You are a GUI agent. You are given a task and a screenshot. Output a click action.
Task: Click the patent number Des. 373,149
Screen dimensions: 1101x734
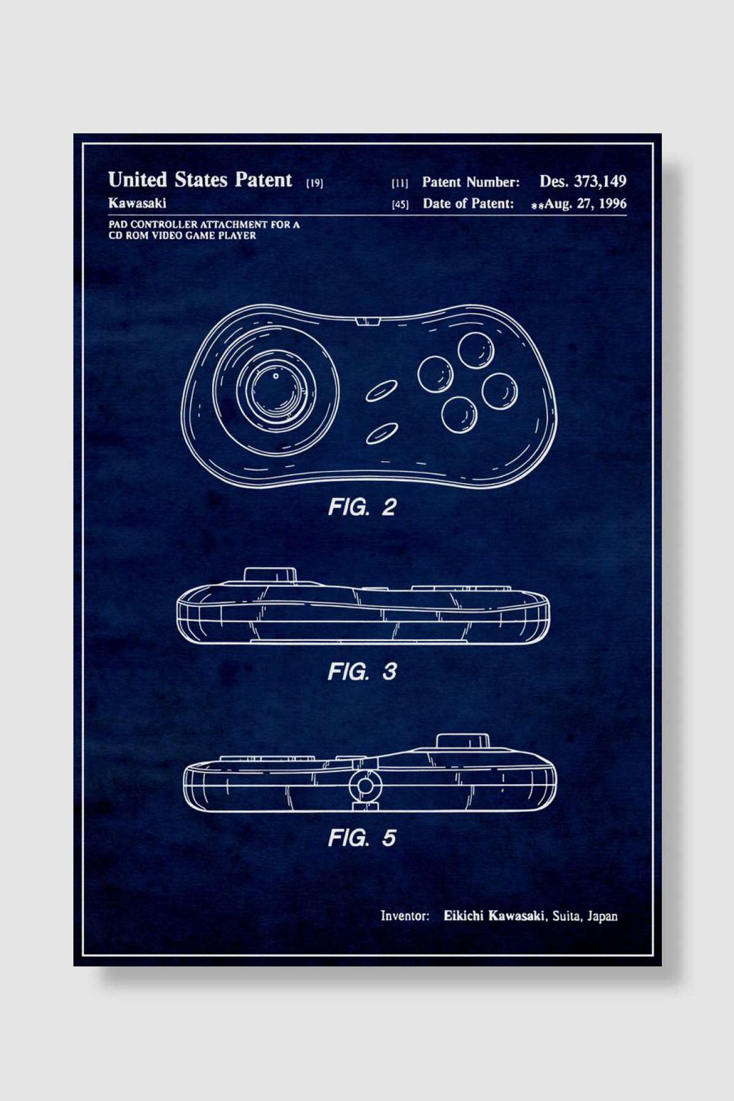point(582,181)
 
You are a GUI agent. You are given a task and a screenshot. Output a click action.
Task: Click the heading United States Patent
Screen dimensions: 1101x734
point(200,180)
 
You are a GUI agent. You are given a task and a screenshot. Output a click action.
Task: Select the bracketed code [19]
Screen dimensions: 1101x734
point(314,182)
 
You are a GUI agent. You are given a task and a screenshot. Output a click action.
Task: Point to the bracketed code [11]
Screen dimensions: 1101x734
point(399,182)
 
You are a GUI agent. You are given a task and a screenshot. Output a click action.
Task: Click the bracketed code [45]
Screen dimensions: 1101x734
point(399,204)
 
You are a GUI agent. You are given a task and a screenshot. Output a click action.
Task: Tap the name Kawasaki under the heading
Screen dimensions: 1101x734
point(137,202)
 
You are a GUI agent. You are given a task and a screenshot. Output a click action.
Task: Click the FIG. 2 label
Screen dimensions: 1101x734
point(361,506)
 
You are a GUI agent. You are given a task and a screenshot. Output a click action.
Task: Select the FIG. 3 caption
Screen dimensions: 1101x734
point(361,672)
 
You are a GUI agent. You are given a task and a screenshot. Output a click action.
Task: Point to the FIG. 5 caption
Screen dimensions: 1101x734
point(361,837)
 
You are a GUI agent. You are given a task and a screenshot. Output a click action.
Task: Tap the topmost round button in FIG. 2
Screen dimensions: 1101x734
point(476,350)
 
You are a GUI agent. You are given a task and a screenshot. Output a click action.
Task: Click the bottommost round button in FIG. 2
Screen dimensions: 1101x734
point(459,414)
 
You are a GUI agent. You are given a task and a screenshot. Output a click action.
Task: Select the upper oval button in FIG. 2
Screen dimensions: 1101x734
point(382,391)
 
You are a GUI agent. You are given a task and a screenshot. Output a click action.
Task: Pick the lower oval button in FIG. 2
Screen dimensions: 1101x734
point(382,433)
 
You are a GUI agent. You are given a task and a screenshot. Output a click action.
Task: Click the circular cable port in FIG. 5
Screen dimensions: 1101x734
point(365,786)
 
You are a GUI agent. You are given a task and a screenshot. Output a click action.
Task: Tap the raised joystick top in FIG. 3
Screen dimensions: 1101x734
point(270,575)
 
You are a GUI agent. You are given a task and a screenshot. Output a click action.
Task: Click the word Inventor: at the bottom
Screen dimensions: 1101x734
point(404,916)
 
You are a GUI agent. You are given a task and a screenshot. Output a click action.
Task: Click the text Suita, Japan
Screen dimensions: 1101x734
point(585,916)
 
